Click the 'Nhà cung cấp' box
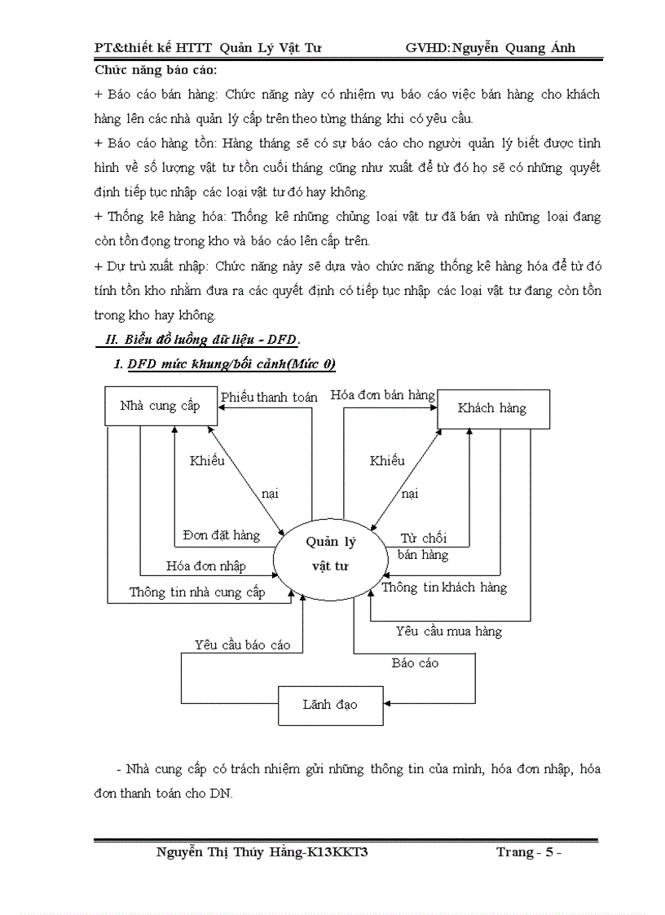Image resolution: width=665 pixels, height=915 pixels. coord(161,406)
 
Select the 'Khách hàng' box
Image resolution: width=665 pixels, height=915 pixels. coord(493,408)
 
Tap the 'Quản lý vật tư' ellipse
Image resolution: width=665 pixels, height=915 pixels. coord(330,554)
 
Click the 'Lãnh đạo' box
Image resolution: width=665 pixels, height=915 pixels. coord(330,704)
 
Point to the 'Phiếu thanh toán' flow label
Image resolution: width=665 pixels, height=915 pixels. coord(269,397)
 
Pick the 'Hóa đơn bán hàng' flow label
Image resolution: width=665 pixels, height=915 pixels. coord(382,395)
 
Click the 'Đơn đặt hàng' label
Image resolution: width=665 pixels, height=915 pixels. coord(222,535)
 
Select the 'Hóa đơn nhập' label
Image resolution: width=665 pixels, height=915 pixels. coord(205,565)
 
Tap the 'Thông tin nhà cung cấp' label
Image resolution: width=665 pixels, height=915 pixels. coord(197,592)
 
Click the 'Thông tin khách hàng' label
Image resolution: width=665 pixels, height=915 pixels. coord(444,587)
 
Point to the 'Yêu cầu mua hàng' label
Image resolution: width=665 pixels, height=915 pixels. coord(449,631)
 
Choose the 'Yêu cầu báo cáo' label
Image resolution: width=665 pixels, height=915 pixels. coord(242,644)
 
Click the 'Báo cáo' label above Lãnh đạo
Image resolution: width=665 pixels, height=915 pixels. coord(415,663)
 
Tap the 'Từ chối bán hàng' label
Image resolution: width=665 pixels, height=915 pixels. coord(423,547)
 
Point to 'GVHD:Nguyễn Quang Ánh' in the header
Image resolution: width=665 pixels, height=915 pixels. coord(491,47)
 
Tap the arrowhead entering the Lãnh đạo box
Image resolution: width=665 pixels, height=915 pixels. coord(388,702)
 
